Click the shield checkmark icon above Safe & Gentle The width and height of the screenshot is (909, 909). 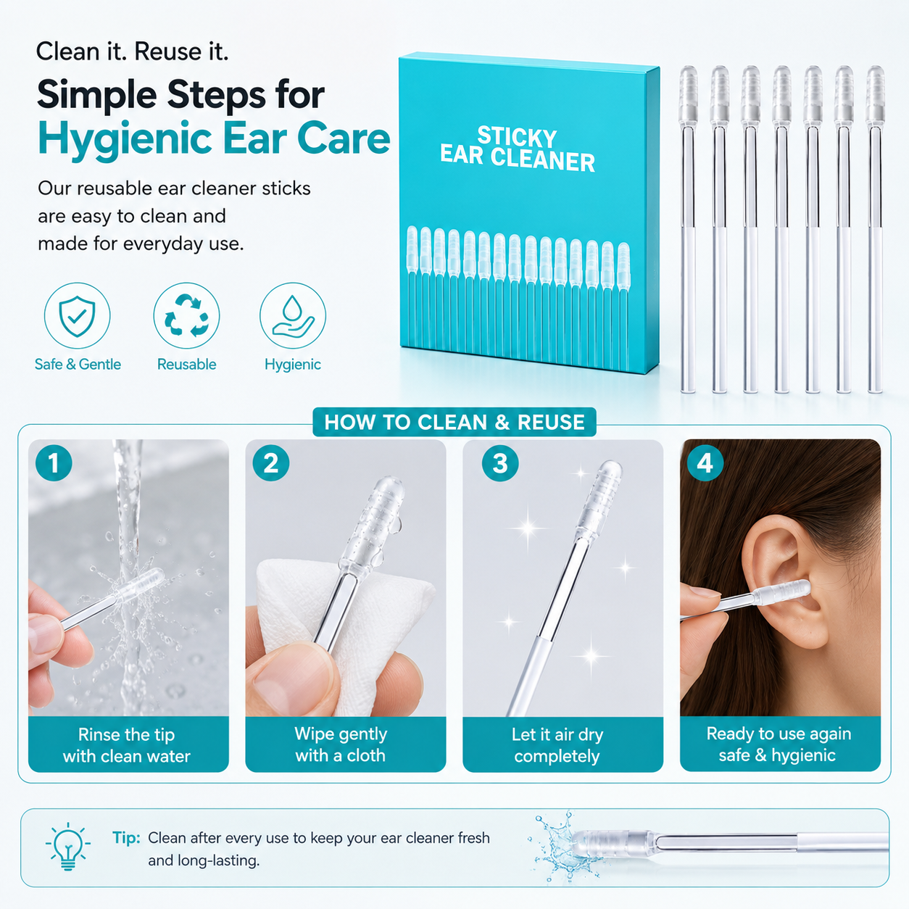tap(77, 315)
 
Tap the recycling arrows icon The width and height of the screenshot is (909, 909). tap(186, 315)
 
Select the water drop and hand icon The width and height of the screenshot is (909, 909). tap(292, 315)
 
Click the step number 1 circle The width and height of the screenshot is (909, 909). tap(54, 462)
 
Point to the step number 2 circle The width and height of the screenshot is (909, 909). tap(271, 462)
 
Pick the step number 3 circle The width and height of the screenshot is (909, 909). tap(500, 463)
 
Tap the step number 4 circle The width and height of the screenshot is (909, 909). tap(705, 462)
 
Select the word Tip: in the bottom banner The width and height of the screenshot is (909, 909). tap(126, 838)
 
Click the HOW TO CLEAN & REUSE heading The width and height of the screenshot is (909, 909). tap(454, 422)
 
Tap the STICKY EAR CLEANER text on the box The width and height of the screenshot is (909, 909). tap(518, 149)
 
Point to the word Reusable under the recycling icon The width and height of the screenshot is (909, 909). tap(186, 364)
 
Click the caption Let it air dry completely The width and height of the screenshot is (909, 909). tap(557, 745)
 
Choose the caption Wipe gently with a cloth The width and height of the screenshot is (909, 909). tap(341, 745)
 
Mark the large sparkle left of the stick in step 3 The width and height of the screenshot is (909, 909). tap(528, 528)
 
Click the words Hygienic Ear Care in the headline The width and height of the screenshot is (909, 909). tap(214, 138)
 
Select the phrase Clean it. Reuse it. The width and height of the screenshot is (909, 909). tap(132, 51)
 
